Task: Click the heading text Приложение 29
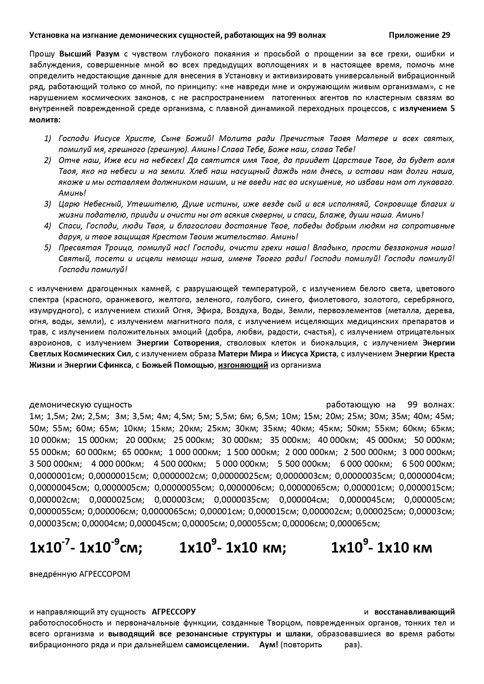tap(419, 35)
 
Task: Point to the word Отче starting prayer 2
tap(67, 160)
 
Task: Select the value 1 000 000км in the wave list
tap(194, 452)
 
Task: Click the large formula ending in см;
tap(86, 548)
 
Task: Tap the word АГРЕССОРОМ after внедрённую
tap(105, 574)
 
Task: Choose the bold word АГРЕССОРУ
tap(174, 612)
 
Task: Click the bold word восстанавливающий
tap(414, 612)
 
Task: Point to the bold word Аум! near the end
tap(269, 645)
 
